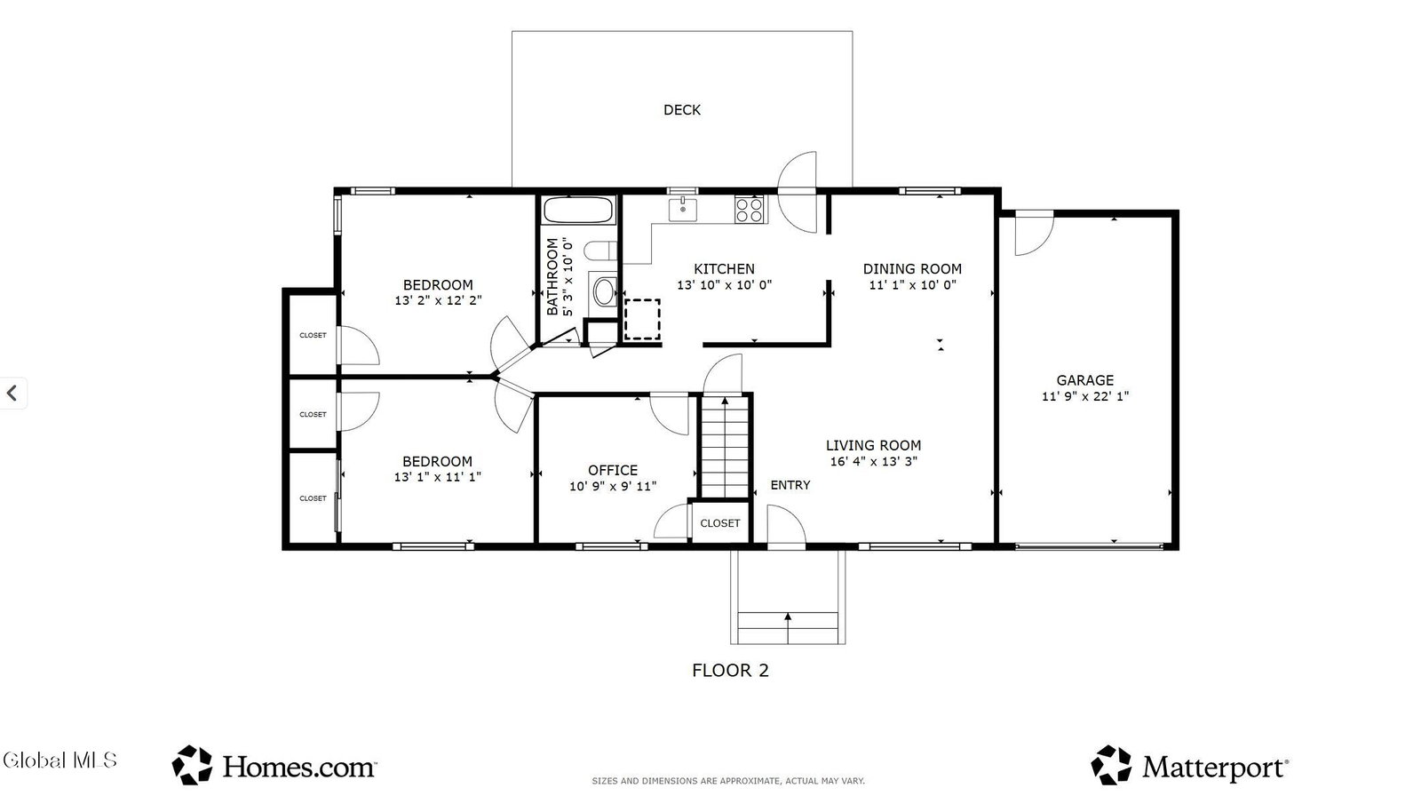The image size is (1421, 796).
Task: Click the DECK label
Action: pyautogui.click(x=682, y=110)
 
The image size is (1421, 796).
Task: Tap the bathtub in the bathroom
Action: pyautogui.click(x=578, y=211)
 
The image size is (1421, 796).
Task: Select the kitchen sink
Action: pyautogui.click(x=683, y=210)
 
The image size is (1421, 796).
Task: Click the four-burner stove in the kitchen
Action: pyautogui.click(x=750, y=210)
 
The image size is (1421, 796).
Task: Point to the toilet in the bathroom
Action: pyautogui.click(x=599, y=251)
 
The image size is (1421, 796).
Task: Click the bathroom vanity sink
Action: pyautogui.click(x=603, y=292)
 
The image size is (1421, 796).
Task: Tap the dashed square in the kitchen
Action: pyautogui.click(x=642, y=319)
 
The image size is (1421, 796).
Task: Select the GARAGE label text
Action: pyautogui.click(x=1084, y=380)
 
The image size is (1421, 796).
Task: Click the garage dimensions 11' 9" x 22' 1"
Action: pyautogui.click(x=1084, y=397)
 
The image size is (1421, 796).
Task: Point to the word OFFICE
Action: pyautogui.click(x=613, y=470)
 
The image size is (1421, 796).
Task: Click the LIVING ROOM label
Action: pyautogui.click(x=874, y=446)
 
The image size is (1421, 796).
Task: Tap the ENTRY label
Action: pyautogui.click(x=790, y=486)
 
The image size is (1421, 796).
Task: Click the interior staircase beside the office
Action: pyautogui.click(x=725, y=447)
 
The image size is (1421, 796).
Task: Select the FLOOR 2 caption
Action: pyautogui.click(x=730, y=671)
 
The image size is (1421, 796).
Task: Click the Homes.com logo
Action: pyautogui.click(x=274, y=766)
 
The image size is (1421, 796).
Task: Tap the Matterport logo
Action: pyautogui.click(x=1190, y=766)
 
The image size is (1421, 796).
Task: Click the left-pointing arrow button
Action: pyautogui.click(x=12, y=393)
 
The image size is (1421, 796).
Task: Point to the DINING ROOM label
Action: pyautogui.click(x=912, y=269)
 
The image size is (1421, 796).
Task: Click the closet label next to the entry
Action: pyautogui.click(x=720, y=523)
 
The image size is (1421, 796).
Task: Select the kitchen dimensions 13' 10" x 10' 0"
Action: pyautogui.click(x=725, y=285)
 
